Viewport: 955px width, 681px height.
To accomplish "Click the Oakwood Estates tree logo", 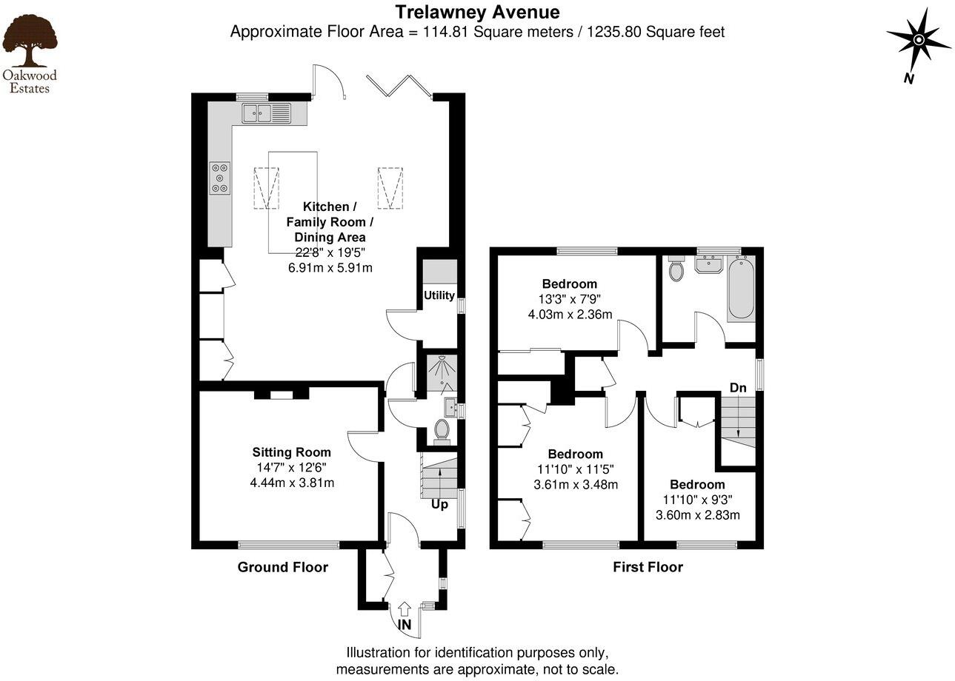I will click(30, 43).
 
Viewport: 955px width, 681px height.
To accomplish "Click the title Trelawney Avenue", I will click(476, 12).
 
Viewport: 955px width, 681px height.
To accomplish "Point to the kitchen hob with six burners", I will click(219, 178).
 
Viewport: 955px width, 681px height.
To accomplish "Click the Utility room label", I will click(439, 295).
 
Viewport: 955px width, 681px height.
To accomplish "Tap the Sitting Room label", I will click(291, 452).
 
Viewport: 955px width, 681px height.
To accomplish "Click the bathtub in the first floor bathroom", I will click(740, 288).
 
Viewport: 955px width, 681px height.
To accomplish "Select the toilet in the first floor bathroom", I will click(676, 270).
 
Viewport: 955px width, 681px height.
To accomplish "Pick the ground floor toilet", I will click(442, 430).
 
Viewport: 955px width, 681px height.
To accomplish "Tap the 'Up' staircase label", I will click(439, 505).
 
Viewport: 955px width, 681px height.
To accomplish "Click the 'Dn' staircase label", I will click(738, 388).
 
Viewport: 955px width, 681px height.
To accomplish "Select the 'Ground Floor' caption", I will click(282, 567).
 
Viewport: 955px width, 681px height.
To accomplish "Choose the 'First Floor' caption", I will click(648, 567).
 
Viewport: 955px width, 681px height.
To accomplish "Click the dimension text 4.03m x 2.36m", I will click(570, 315).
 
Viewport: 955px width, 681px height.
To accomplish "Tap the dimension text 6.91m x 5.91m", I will click(330, 267).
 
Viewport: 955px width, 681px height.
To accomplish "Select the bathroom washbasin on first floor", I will click(710, 264).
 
